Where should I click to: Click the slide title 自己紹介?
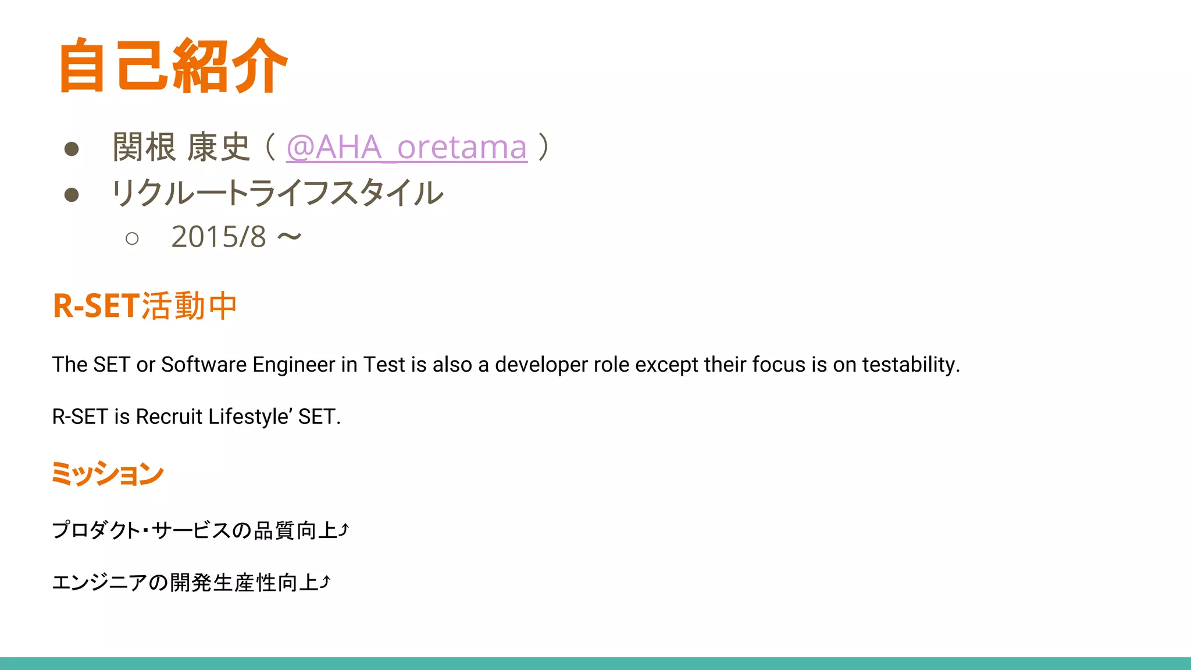click(x=173, y=65)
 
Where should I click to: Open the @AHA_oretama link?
click(x=406, y=147)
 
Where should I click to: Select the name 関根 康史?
click(x=181, y=147)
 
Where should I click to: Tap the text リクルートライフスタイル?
click(x=277, y=193)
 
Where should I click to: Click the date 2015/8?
click(x=219, y=237)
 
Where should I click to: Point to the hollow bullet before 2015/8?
click(x=132, y=238)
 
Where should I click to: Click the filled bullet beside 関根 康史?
click(x=72, y=149)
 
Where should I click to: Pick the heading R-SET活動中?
click(x=145, y=306)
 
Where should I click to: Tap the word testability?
click(x=910, y=365)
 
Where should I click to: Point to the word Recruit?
click(x=169, y=416)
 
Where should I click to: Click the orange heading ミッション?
click(x=108, y=473)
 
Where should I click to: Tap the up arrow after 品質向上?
click(x=344, y=529)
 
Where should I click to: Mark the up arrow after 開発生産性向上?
click(x=326, y=581)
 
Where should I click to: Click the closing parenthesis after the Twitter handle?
click(x=543, y=147)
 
